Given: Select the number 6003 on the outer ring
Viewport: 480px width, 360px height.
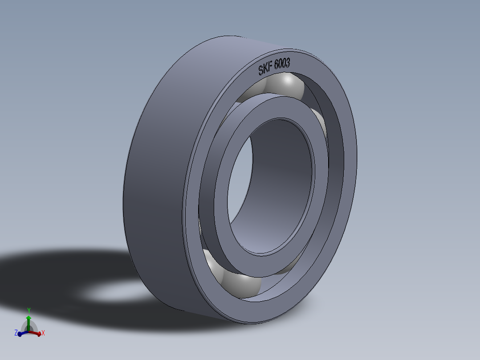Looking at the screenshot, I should click(x=282, y=65).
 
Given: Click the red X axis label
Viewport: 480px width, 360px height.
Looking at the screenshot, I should click(x=43, y=333).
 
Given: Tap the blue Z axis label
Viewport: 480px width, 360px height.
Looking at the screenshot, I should click(x=16, y=332).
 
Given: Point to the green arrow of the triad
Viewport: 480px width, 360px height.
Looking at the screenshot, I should click(x=28, y=320).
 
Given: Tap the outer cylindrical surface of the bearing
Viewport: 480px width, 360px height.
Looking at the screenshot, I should click(x=156, y=178).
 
